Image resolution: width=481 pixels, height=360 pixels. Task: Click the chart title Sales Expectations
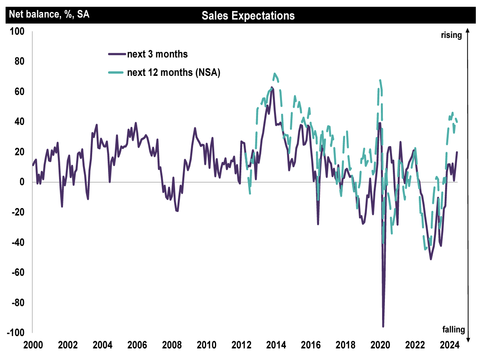pos(248,16)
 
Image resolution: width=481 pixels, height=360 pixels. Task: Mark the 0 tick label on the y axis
pos(22,182)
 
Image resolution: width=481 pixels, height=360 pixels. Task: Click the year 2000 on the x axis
pos(32,345)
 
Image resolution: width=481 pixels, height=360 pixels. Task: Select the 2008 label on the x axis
pos(170,345)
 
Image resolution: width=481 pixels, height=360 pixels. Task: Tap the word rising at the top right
pos(451,35)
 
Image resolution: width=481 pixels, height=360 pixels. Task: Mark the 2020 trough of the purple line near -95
pos(383,326)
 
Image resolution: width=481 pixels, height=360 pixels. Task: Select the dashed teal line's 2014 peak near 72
pos(274,73)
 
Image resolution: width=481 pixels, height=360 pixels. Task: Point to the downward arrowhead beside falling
pos(469,339)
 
